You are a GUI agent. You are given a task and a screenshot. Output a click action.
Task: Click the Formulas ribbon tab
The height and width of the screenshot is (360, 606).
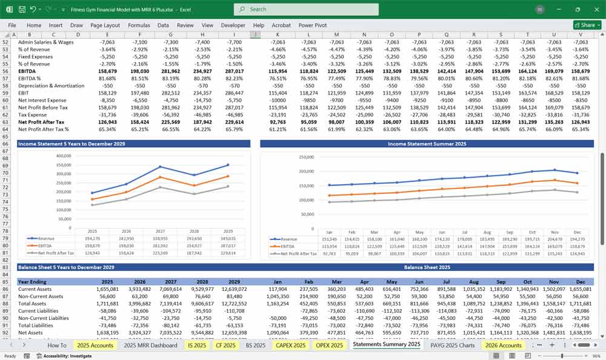139,25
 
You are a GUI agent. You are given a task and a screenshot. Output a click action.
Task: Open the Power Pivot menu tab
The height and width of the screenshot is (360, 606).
313,25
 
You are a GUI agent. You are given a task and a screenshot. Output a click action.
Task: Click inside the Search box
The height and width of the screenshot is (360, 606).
306,9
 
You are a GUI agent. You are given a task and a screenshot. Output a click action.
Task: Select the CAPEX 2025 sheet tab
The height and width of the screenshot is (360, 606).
291,345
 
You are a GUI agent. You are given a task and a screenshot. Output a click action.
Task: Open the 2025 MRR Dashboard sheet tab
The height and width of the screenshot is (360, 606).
150,345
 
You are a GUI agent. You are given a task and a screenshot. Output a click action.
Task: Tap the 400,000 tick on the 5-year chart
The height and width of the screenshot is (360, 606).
62,155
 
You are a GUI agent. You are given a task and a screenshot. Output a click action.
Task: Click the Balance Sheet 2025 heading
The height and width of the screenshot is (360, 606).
427,267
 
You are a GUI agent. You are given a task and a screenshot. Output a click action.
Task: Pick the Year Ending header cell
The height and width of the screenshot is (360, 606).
33,282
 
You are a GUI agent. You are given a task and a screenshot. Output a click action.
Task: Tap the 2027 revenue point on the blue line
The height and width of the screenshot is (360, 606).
161,167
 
